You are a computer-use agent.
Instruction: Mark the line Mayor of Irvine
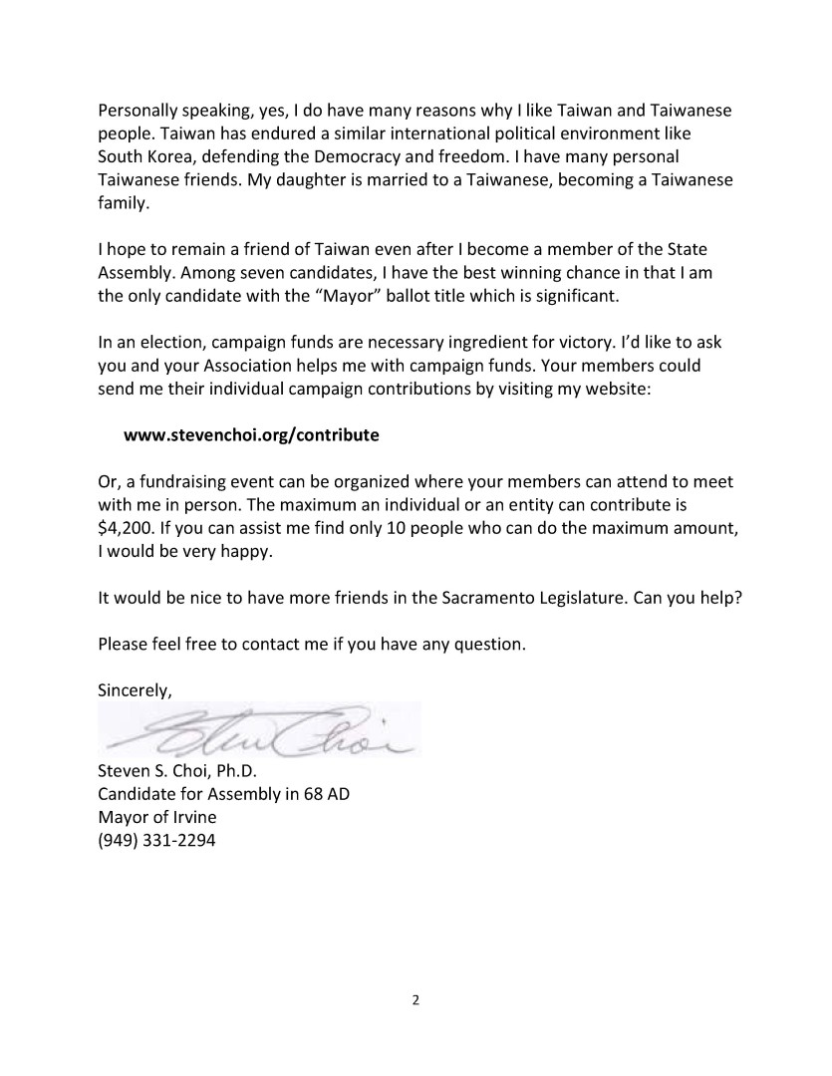click(x=156, y=817)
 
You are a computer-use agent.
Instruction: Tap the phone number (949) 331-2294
click(x=156, y=840)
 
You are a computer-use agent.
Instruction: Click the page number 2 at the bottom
click(x=416, y=999)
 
